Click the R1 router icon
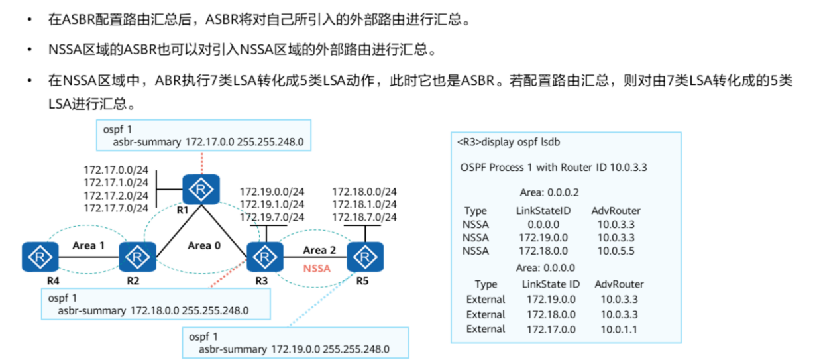click(x=200, y=190)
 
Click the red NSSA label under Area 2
click(x=317, y=269)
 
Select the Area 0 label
click(x=199, y=245)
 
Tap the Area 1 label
click(x=89, y=245)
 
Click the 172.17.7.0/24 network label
click(x=116, y=208)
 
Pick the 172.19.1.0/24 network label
click(x=272, y=204)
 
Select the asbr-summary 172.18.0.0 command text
click(x=153, y=310)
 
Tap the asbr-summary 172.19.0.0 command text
click(x=294, y=349)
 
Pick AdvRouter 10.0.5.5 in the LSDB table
click(x=616, y=251)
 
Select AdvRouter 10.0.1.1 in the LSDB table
click(x=620, y=329)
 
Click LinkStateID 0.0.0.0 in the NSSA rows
click(x=543, y=224)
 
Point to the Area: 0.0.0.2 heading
click(x=550, y=193)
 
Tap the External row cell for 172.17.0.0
click(x=551, y=329)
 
